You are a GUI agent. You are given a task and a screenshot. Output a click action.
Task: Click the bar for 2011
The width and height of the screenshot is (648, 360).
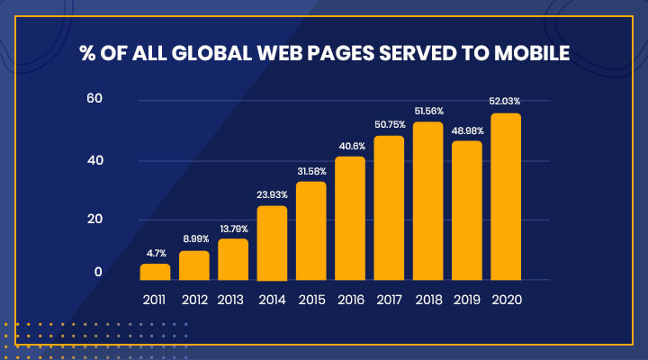tap(155, 271)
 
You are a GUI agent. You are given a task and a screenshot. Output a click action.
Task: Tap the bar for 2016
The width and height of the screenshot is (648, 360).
tap(350, 218)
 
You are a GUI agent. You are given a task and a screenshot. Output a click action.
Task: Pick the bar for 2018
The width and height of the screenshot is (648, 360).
tap(427, 201)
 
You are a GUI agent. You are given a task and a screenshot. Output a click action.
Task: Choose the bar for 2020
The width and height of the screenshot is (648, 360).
tap(506, 196)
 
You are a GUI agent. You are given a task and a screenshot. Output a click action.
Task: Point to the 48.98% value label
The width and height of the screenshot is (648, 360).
tap(467, 130)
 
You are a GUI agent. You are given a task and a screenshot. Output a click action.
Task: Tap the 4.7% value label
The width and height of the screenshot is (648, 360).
tap(155, 254)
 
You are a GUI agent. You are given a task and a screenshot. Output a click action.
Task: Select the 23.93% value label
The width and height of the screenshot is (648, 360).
tap(272, 196)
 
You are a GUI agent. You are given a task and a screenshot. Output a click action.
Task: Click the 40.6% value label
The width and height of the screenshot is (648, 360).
tap(350, 147)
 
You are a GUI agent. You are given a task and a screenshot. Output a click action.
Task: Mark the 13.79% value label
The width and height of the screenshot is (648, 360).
tap(233, 229)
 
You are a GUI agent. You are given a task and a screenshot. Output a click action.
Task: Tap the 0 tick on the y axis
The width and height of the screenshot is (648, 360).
tap(99, 273)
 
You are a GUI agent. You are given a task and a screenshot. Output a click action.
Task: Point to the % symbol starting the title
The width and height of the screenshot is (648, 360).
tap(88, 53)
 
